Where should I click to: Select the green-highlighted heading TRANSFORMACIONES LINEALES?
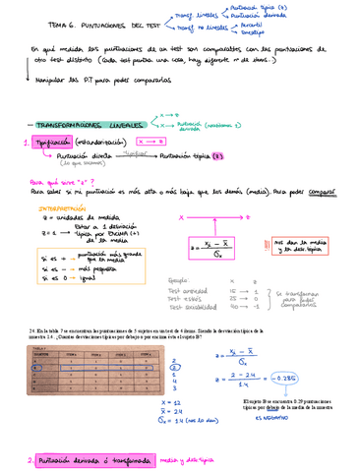[78, 127]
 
